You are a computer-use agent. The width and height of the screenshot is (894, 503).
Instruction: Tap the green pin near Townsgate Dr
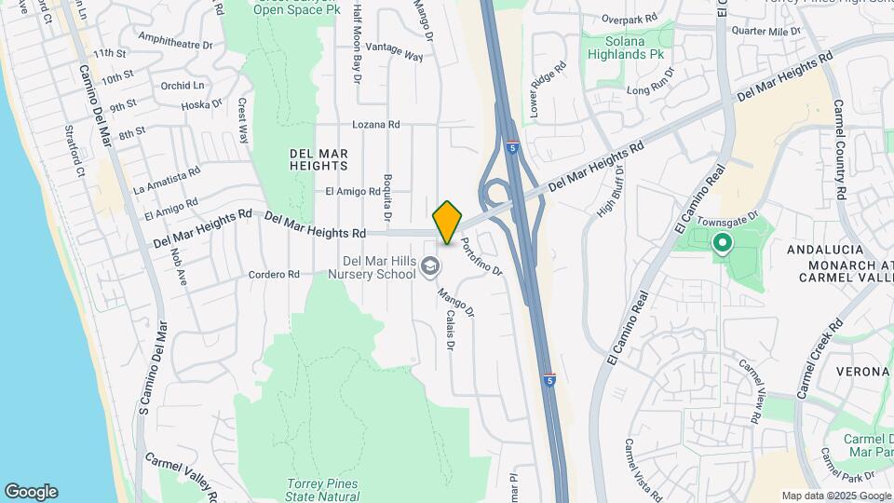click(x=722, y=244)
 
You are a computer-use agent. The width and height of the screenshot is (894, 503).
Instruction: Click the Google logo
click(x=31, y=492)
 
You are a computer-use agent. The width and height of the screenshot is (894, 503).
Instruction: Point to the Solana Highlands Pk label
click(x=630, y=48)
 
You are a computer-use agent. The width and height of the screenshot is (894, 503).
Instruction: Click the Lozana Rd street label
click(x=375, y=124)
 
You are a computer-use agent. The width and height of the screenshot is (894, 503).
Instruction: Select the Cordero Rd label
click(x=274, y=275)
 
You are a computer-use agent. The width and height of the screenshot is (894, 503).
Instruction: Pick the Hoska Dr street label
click(x=201, y=105)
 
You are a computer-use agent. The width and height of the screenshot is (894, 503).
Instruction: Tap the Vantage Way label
click(x=394, y=51)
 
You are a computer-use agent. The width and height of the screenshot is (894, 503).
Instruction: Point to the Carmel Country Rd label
click(x=839, y=149)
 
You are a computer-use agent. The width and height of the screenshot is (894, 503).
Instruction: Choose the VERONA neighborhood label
click(x=863, y=371)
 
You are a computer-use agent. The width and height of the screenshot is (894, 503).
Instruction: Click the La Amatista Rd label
click(x=168, y=180)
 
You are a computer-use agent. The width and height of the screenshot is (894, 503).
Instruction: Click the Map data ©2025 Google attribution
click(x=835, y=496)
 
